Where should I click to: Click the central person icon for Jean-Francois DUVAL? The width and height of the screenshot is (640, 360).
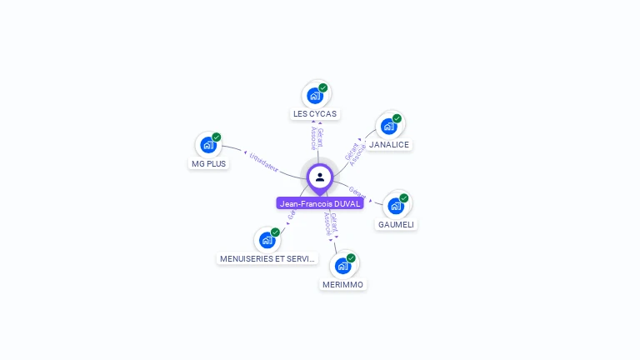click(x=320, y=177)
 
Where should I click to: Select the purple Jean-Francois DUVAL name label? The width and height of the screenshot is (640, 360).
click(x=320, y=203)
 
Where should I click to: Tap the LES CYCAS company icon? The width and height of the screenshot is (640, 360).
click(x=315, y=95)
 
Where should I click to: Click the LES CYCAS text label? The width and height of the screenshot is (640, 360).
click(x=315, y=113)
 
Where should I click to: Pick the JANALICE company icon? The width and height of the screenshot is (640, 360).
click(x=389, y=127)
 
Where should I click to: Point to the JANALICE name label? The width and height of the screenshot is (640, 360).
click(x=389, y=144)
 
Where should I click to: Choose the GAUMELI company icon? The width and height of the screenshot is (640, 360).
click(x=396, y=206)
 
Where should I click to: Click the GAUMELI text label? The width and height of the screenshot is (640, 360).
click(x=396, y=224)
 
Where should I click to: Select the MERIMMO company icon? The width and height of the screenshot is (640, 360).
click(x=343, y=266)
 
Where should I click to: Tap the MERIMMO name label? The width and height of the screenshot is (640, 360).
click(x=343, y=284)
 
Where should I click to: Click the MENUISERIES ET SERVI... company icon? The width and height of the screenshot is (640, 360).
click(x=267, y=240)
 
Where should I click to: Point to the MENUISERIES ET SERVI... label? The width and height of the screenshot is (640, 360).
click(x=267, y=258)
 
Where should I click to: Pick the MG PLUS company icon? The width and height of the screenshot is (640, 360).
click(x=208, y=145)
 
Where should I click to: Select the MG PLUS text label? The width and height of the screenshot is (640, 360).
click(x=208, y=163)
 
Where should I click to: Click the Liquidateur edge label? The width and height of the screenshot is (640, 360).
click(x=263, y=162)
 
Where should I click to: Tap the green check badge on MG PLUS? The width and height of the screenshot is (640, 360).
click(x=217, y=137)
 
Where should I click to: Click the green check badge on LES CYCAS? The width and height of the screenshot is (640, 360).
click(x=323, y=87)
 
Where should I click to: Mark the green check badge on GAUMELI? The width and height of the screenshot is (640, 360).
click(x=404, y=197)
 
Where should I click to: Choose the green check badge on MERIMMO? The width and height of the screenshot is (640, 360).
click(x=352, y=257)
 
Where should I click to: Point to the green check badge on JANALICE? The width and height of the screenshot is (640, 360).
click(x=397, y=118)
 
